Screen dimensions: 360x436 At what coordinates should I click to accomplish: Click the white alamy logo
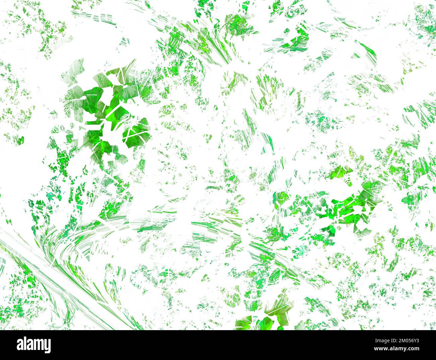(34, 345)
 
